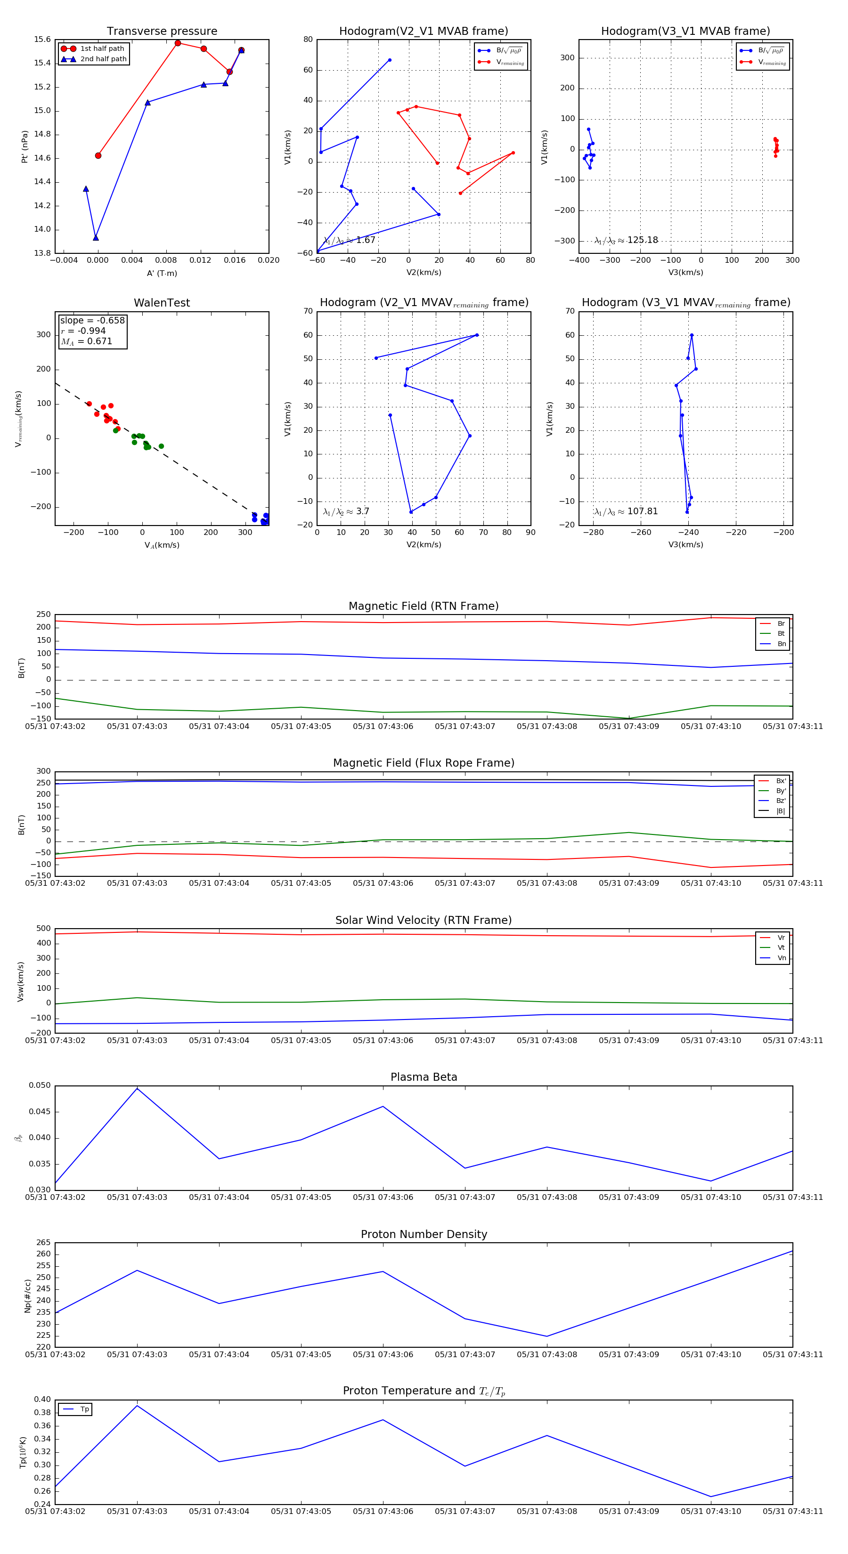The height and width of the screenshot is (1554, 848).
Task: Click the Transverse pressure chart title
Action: (x=162, y=32)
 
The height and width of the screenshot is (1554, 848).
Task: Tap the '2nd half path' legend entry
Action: (x=103, y=59)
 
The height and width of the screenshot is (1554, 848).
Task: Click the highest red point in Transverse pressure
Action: (x=178, y=43)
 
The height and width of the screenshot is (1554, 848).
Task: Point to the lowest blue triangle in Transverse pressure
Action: (x=95, y=238)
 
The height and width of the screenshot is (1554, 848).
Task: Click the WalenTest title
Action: (x=162, y=303)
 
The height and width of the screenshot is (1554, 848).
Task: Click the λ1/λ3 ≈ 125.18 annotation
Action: (x=626, y=240)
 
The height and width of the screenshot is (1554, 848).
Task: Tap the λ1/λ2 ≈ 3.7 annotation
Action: (x=346, y=511)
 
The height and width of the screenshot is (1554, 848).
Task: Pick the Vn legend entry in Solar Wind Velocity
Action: (x=781, y=958)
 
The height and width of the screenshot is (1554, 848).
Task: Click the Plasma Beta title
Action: (x=424, y=1077)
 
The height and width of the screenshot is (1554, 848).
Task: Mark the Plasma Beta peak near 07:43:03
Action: (x=137, y=1089)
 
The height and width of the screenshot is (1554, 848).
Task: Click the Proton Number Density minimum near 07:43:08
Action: (x=547, y=1336)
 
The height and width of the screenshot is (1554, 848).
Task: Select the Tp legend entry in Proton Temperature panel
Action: (x=84, y=1409)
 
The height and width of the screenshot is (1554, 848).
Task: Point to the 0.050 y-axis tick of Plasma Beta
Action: (x=40, y=1086)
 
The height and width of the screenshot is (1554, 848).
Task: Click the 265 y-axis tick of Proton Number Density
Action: (x=43, y=1243)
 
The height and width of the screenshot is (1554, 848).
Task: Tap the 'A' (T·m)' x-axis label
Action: (x=162, y=273)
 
